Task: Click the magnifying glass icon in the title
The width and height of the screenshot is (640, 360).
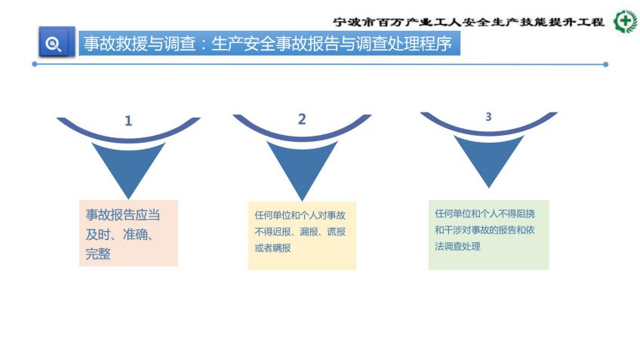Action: (x=54, y=44)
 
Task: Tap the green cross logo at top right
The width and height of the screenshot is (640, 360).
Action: (x=626, y=21)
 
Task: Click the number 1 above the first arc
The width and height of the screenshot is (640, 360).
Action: (x=128, y=121)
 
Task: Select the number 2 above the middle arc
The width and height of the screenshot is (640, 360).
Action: (x=302, y=119)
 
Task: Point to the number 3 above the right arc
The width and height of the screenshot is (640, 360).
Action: (x=488, y=117)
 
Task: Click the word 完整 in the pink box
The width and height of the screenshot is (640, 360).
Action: (x=98, y=254)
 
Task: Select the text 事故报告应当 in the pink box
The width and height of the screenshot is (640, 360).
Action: (x=123, y=215)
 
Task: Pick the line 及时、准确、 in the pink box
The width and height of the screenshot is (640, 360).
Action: (x=119, y=235)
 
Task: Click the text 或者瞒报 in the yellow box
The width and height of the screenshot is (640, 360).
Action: (x=272, y=248)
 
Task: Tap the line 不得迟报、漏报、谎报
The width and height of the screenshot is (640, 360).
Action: (x=300, y=232)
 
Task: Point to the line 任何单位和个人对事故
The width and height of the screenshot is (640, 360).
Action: (x=300, y=215)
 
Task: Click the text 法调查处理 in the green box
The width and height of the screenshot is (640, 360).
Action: (x=457, y=247)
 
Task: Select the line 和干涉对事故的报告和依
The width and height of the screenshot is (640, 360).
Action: (x=485, y=230)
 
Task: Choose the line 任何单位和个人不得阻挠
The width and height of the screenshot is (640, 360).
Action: (x=485, y=214)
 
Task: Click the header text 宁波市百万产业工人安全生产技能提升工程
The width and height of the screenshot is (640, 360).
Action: (x=469, y=22)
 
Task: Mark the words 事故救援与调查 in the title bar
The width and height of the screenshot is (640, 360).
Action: (x=140, y=44)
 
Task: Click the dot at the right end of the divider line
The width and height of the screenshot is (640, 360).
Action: (x=606, y=64)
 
